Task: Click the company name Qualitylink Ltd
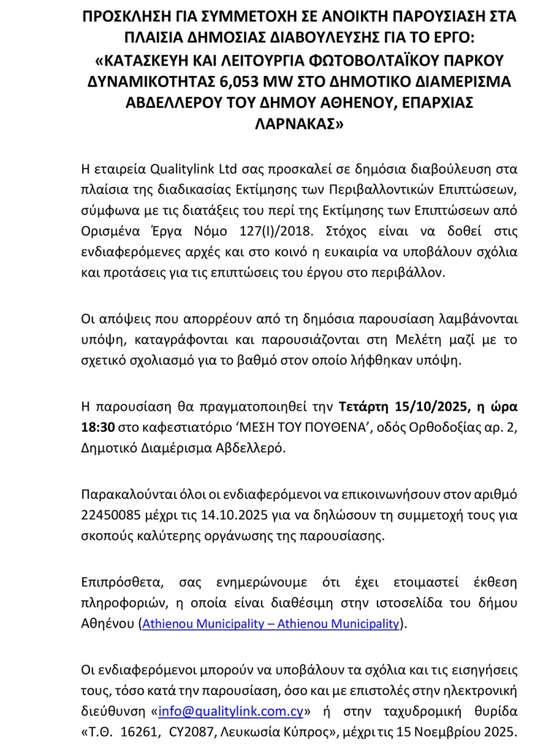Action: (190, 170)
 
